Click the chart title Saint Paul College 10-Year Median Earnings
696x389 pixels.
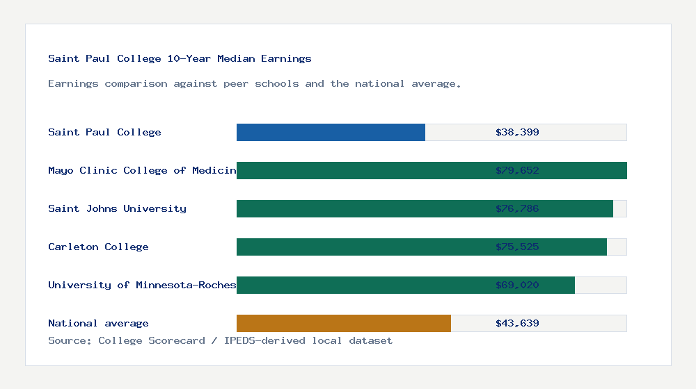point(180,59)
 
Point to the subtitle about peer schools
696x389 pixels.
point(254,84)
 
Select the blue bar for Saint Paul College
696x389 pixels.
point(331,133)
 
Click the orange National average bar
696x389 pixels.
point(344,324)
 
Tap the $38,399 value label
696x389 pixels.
point(517,133)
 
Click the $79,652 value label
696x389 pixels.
point(517,171)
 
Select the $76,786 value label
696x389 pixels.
point(517,209)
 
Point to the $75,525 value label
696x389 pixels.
point(517,247)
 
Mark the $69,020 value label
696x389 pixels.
point(517,285)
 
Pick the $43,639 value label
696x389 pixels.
point(517,324)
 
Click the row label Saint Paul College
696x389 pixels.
point(104,133)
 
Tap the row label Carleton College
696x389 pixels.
point(98,247)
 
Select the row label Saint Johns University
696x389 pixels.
point(117,209)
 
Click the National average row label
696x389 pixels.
point(98,324)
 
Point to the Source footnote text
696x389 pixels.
point(220,341)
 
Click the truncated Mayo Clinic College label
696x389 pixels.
point(142,171)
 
